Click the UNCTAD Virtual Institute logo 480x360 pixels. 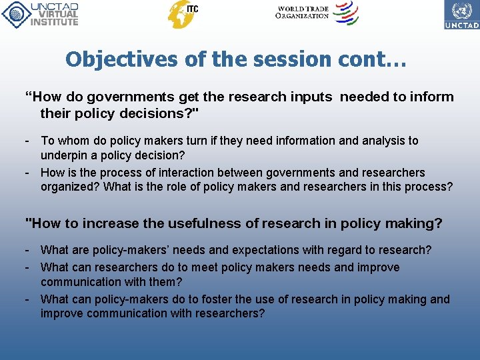click(x=40, y=14)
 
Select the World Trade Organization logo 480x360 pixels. click(x=317, y=13)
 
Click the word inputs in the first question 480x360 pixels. click(x=311, y=97)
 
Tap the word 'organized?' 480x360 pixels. click(x=70, y=187)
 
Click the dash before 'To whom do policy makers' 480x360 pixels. click(x=27, y=141)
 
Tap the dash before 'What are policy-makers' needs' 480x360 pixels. click(x=27, y=250)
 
